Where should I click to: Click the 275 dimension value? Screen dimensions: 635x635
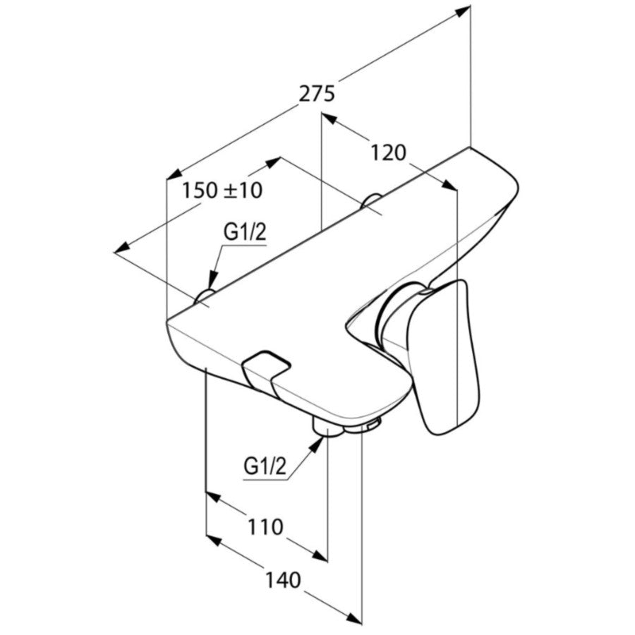317,95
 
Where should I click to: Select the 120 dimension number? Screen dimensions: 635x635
388,152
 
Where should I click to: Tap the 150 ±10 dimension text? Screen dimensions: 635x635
222,190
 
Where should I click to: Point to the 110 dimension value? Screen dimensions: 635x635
265,527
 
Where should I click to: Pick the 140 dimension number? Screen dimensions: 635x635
283,579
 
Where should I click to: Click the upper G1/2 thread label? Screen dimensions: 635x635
246,233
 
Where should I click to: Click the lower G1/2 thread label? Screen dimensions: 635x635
265,467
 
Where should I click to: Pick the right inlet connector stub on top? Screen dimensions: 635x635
370,201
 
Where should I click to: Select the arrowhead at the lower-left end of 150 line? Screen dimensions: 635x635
121,248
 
